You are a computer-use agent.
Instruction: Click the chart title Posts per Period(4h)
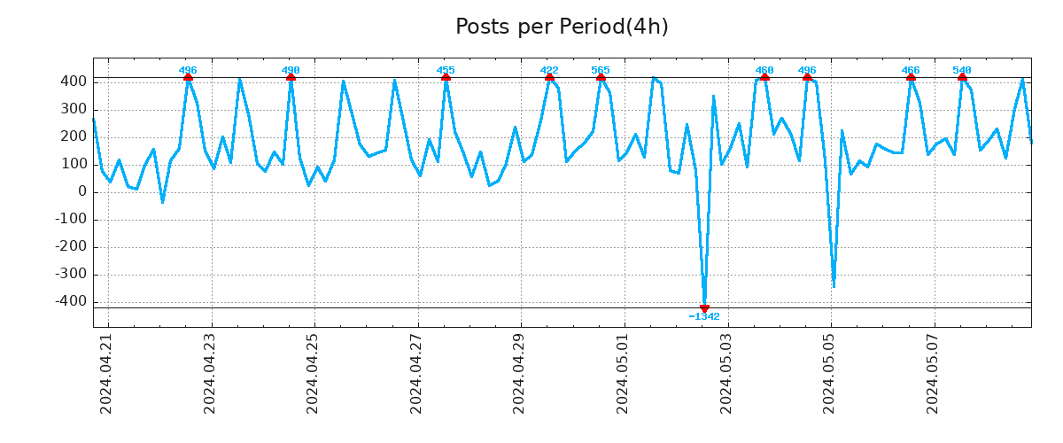(x=562, y=27)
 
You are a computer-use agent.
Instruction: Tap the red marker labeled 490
(x=291, y=78)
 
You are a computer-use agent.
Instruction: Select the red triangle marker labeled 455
(x=446, y=78)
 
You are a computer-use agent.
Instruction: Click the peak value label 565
(x=601, y=70)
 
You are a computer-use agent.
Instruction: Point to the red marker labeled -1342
(x=704, y=308)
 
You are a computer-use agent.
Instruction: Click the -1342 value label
(x=704, y=317)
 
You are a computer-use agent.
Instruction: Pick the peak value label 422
(x=549, y=70)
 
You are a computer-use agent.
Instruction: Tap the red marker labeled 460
(x=764, y=78)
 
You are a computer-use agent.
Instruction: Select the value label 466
(x=911, y=70)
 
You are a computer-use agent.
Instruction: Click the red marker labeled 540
(x=962, y=78)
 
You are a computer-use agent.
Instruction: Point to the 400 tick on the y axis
(x=74, y=82)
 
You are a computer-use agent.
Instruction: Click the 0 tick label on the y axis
(x=82, y=191)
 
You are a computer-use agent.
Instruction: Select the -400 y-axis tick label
(x=70, y=301)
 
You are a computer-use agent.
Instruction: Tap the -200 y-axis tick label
(x=70, y=246)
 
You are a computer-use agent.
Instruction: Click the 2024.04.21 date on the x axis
(x=106, y=373)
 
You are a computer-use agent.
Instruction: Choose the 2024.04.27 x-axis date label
(x=416, y=373)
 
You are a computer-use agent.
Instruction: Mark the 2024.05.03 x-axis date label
(x=726, y=373)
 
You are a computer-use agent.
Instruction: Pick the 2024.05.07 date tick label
(x=933, y=373)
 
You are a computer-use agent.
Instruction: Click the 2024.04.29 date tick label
(x=520, y=373)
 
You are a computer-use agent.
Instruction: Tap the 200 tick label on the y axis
(x=74, y=136)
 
